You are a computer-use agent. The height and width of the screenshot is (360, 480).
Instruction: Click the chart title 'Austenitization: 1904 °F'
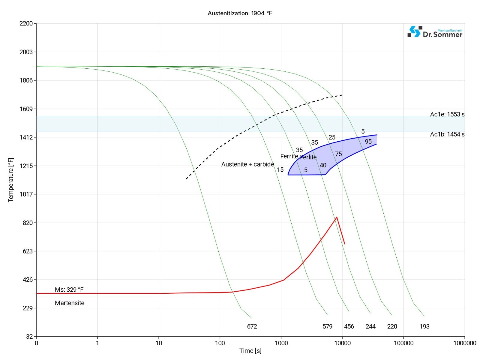coord(240,13)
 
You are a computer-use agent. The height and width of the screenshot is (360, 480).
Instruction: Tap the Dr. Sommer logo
coord(435,32)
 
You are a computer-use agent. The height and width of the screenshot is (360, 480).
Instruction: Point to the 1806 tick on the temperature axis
coord(26,80)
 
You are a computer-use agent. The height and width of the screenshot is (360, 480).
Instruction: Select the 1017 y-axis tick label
coord(26,194)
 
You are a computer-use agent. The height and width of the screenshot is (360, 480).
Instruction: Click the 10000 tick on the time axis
coord(342,343)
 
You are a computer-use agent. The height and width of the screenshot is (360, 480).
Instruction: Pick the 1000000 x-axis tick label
coord(464,343)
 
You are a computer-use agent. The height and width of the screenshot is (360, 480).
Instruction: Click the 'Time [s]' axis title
coord(250,351)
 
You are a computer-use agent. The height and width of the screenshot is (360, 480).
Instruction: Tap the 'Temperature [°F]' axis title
coord(11,180)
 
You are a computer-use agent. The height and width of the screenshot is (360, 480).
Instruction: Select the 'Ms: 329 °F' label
coord(69,289)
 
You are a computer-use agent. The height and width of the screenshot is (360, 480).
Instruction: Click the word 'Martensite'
coord(70,303)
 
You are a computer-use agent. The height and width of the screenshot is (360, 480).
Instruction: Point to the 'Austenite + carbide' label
coord(247,164)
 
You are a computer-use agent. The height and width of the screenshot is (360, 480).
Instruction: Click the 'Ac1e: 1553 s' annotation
coord(447,114)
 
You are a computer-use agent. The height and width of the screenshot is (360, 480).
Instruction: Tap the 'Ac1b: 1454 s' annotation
coord(447,134)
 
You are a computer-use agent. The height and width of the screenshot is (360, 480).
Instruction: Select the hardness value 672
coord(252,326)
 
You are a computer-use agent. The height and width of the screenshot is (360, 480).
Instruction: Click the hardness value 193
coord(424,326)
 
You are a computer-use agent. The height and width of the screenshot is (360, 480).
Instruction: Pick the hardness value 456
coord(349,326)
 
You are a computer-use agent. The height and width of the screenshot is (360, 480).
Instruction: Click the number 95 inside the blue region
coord(368,142)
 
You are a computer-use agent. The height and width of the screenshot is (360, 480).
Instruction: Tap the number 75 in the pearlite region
coord(338,154)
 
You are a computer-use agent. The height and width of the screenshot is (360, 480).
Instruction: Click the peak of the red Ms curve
coord(337,217)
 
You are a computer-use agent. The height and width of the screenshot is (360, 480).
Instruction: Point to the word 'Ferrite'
coord(289,156)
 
